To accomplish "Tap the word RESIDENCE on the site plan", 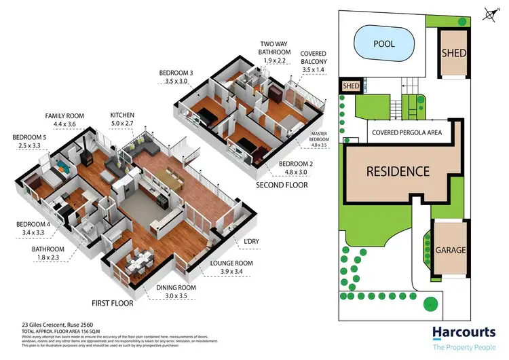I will click(x=398, y=171).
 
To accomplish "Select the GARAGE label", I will click(x=450, y=250).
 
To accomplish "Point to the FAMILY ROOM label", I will click(x=64, y=116).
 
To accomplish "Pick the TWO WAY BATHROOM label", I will click(x=275, y=48).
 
